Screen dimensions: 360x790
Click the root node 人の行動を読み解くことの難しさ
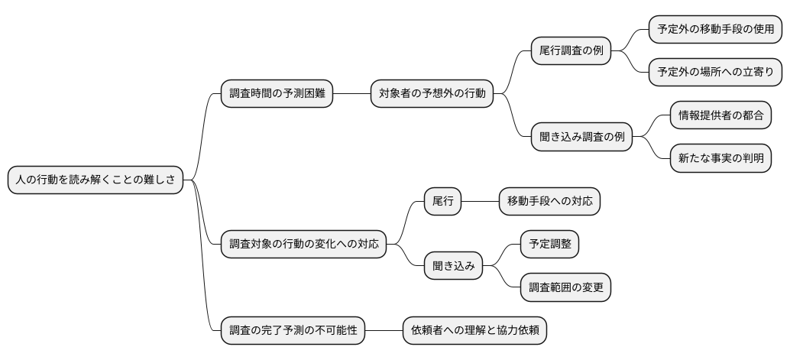pyautogui.click(x=96, y=180)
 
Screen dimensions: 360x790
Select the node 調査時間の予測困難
pyautogui.click(x=277, y=94)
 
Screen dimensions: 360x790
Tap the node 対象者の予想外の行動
pyautogui.click(x=432, y=94)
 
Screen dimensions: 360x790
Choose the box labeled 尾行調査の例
pyautogui.click(x=571, y=51)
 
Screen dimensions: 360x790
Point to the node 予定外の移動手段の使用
pyautogui.click(x=715, y=30)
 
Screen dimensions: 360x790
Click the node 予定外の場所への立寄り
pyautogui.click(x=715, y=73)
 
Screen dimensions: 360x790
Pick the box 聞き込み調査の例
pyautogui.click(x=581, y=138)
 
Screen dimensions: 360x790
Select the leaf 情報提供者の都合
pyautogui.click(x=720, y=116)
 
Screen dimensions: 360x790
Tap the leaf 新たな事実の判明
pyautogui.click(x=720, y=159)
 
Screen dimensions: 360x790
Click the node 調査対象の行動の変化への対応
pyautogui.click(x=303, y=245)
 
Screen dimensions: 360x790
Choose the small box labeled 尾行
pyautogui.click(x=443, y=202)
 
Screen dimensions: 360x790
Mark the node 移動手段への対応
pyautogui.click(x=549, y=202)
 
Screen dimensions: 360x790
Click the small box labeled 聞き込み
pyautogui.click(x=454, y=266)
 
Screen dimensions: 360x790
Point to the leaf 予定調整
pyautogui.click(x=549, y=245)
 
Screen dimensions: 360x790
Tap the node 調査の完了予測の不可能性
pyautogui.click(x=293, y=330)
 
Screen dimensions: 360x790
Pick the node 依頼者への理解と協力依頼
pyautogui.click(x=474, y=330)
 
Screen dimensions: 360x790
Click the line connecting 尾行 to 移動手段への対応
pyautogui.click(x=480, y=202)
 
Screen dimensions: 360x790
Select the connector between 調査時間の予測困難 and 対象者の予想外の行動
pyautogui.click(x=351, y=94)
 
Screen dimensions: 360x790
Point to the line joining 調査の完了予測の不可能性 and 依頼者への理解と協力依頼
pyautogui.click(x=384, y=330)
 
